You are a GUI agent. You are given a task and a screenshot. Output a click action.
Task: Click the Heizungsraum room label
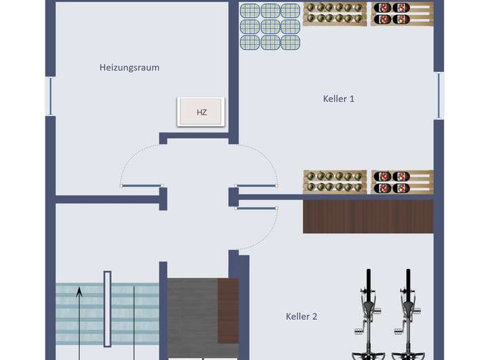coord(129,67)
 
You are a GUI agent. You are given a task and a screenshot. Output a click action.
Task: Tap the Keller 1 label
coord(338,98)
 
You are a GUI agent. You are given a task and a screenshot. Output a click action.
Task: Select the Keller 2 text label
coord(302,316)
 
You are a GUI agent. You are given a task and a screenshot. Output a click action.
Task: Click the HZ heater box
coord(201,112)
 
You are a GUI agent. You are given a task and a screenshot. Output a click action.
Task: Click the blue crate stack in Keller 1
coord(270,26)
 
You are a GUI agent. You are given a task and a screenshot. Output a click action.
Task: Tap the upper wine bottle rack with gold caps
coord(336,14)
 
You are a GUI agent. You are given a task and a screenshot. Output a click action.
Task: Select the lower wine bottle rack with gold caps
coord(335,182)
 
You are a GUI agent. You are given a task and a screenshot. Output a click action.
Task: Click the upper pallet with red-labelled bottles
coord(402,14)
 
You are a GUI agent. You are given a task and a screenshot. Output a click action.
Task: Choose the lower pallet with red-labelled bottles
coord(402,182)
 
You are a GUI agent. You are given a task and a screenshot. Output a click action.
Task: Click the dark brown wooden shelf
coord(367,216)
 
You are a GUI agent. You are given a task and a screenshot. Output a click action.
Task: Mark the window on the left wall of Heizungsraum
coord(50,96)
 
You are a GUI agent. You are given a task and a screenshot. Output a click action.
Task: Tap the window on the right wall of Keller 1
coord(439,95)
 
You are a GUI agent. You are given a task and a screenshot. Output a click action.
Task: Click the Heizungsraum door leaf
coord(141,185)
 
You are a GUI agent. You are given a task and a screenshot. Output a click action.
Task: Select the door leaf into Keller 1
coord(256,185)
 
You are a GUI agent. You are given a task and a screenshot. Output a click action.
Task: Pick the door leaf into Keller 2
coord(256,208)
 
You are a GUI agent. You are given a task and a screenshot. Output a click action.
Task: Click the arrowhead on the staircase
coord(79,292)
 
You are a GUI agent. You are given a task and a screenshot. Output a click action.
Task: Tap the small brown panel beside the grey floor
coord(228,311)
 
